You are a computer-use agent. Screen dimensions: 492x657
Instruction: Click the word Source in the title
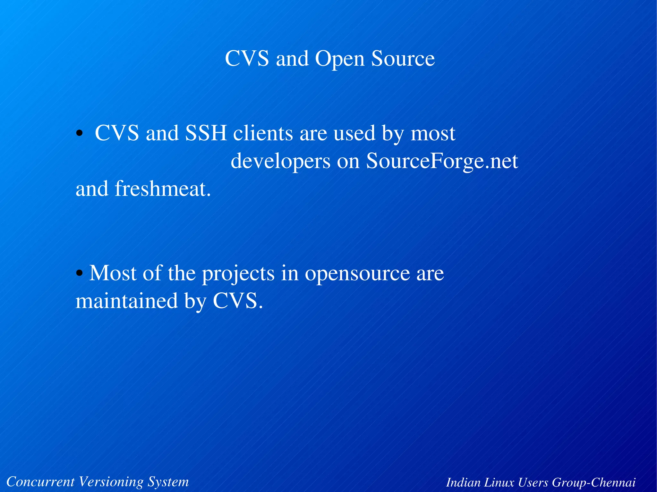click(403, 59)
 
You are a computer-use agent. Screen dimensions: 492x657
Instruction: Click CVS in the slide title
click(247, 59)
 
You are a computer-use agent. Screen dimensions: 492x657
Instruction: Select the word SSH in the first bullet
click(206, 133)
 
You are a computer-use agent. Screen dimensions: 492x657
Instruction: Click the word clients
click(263, 133)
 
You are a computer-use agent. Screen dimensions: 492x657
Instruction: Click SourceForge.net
click(442, 161)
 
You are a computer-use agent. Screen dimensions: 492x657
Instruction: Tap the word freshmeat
click(163, 189)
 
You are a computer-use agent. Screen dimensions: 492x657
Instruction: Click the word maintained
click(126, 301)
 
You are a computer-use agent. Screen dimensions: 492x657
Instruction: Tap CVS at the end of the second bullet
click(237, 301)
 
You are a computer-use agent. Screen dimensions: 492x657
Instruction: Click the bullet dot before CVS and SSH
click(79, 134)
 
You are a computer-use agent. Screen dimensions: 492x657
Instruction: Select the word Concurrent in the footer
click(40, 482)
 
